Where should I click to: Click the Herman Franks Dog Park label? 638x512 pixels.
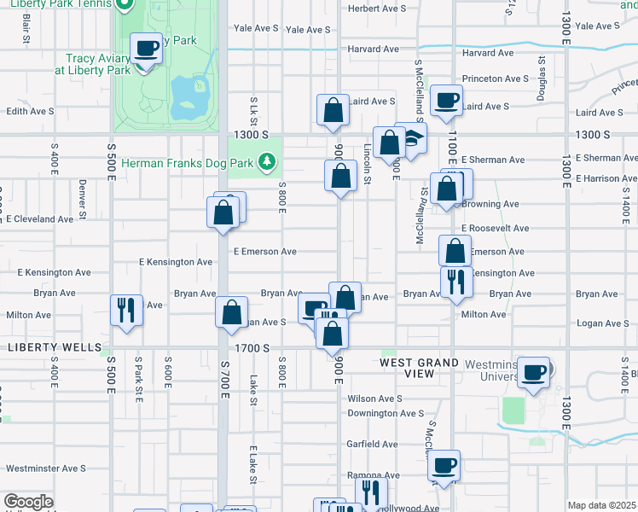[188, 161]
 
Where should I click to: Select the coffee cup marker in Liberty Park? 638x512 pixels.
[146, 49]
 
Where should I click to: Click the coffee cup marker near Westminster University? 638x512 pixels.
[534, 372]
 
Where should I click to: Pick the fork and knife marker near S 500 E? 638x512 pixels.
[126, 311]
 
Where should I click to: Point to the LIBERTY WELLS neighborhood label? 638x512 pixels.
[49, 348]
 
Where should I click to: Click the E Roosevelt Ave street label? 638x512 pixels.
[495, 229]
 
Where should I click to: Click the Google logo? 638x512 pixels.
[28, 503]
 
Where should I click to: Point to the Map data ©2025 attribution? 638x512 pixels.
[601, 505]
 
